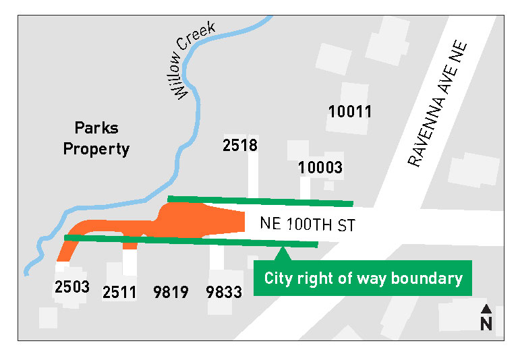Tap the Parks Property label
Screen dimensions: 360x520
(96, 138)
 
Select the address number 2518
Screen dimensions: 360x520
(240, 144)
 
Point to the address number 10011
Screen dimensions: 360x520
(350, 111)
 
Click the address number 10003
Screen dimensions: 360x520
(321, 167)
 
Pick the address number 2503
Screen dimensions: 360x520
(71, 287)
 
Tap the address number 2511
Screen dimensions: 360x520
(120, 292)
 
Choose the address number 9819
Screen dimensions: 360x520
(170, 292)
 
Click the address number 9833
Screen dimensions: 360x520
(225, 292)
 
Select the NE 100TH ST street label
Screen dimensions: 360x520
(307, 225)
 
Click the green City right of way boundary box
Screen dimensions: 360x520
(363, 278)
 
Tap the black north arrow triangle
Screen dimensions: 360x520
(486, 310)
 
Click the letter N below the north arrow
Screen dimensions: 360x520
(486, 324)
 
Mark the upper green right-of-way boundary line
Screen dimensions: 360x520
(260, 200)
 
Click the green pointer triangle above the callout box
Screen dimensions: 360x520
(283, 254)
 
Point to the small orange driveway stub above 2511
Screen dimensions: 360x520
(130, 245)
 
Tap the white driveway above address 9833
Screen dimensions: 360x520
(216, 256)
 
